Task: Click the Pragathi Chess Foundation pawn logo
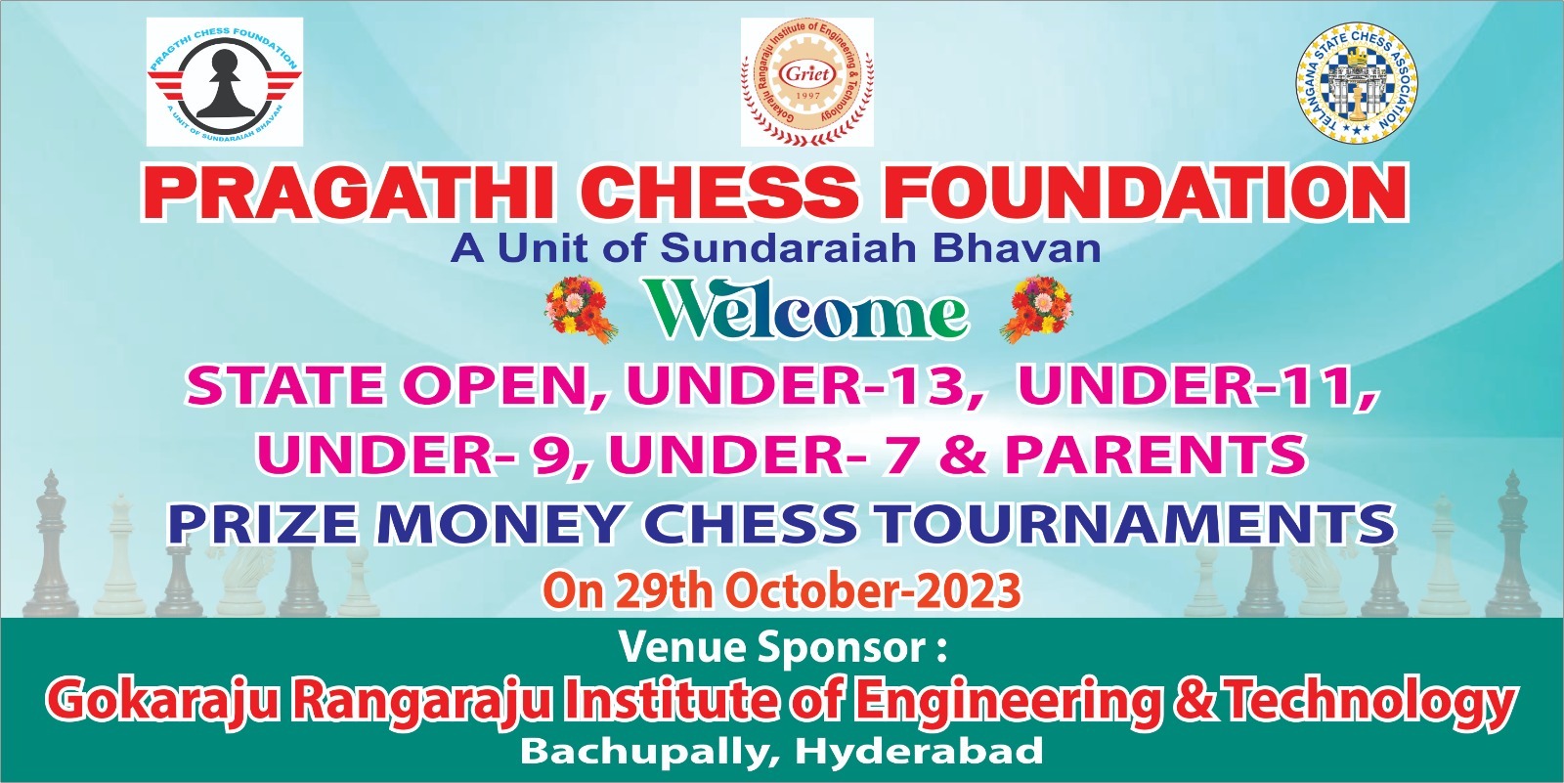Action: point(224,82)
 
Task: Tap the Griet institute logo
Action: point(807,82)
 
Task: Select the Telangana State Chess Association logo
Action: point(1356,83)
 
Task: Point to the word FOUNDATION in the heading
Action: point(1146,194)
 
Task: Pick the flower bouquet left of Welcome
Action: point(581,310)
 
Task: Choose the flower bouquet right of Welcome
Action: point(1036,310)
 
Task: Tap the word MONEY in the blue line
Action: point(502,523)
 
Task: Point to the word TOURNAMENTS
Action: point(1136,523)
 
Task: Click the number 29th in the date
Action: point(664,591)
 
